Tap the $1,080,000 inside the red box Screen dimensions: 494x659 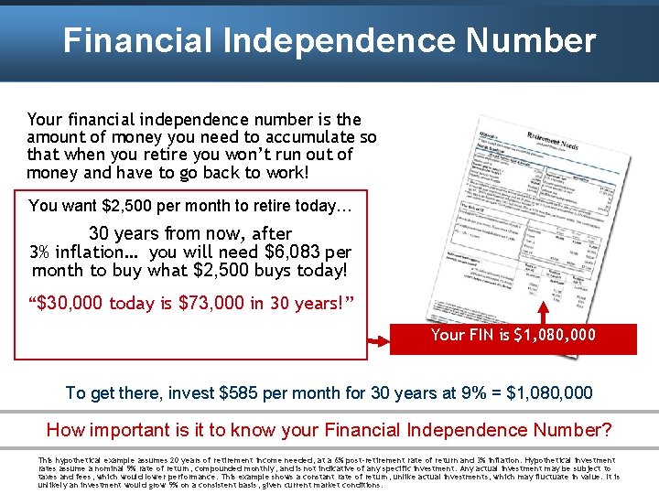556,335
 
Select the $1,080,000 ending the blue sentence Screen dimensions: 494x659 546,393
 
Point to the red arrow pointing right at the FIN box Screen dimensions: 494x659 377,343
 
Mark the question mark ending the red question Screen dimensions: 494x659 607,430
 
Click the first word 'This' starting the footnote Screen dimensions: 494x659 45,460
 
